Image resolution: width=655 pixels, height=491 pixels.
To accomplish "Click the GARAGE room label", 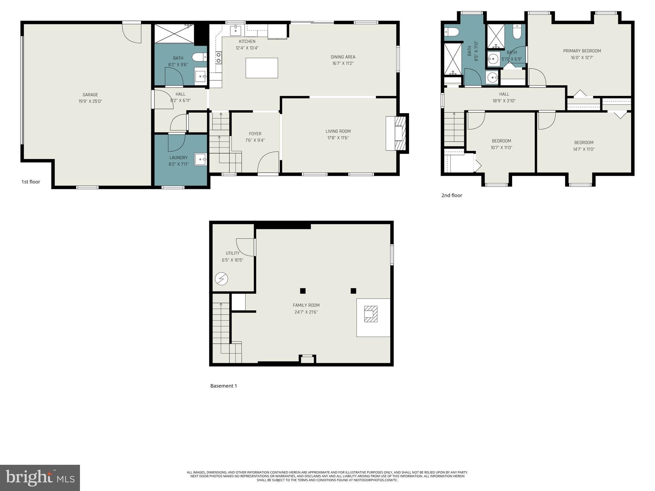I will [90, 95].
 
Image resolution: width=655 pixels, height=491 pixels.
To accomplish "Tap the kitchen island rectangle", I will [262, 68].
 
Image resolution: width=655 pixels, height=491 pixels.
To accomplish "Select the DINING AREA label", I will [343, 57].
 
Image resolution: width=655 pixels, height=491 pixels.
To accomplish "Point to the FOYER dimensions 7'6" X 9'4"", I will [255, 140].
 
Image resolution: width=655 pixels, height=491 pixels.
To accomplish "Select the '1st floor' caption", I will [31, 182].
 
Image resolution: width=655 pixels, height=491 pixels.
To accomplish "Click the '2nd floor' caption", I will [452, 195].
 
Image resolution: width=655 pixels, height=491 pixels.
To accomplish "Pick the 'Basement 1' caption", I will [224, 386].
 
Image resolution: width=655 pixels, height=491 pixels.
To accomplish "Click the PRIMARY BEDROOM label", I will [582, 51].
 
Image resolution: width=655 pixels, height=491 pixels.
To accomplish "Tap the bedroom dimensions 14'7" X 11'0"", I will [584, 149].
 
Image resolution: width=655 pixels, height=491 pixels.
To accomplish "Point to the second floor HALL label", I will [504, 94].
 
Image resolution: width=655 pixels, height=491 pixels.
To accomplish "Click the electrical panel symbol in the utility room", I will [221, 279].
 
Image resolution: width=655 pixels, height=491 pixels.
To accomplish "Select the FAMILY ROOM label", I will [306, 305].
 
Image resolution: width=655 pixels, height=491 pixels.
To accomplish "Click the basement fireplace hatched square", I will [371, 314].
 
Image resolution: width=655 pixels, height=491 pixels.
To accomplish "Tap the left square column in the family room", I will [303, 291].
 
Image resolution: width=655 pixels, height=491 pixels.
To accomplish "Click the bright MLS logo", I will [40, 478].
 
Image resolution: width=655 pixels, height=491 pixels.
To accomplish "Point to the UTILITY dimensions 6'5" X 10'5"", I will [233, 260].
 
